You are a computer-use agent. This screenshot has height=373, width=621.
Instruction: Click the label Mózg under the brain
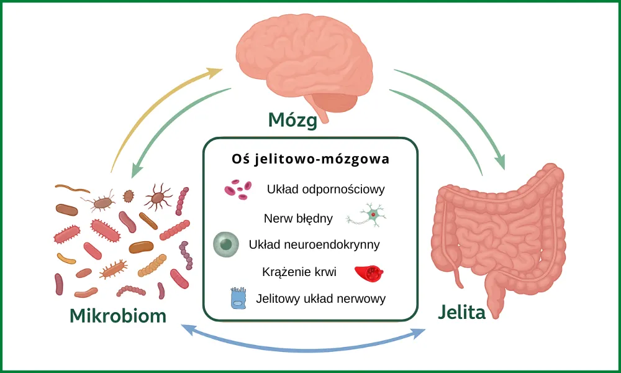[292, 119]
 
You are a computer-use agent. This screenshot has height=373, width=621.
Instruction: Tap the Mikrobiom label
[118, 315]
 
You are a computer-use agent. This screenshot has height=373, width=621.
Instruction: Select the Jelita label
[461, 312]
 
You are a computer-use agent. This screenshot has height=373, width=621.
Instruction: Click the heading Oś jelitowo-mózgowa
[310, 159]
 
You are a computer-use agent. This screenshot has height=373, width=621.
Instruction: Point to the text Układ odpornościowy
[326, 189]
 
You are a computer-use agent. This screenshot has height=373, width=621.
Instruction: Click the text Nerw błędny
[298, 218]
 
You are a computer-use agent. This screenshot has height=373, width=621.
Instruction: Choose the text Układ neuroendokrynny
[314, 244]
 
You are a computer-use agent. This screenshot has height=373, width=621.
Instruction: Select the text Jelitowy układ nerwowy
[321, 298]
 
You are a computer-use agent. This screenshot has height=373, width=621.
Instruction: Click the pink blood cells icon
[237, 189]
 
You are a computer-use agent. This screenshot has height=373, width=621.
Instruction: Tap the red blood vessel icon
[367, 272]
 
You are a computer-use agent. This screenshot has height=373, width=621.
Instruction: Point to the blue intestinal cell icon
[238, 298]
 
